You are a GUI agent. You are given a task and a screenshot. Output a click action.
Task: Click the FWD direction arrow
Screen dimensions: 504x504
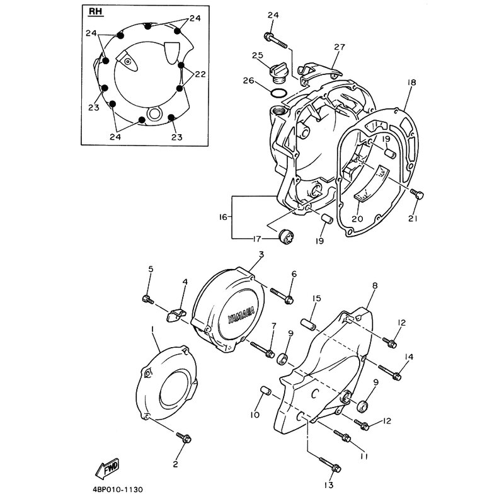click(107, 467)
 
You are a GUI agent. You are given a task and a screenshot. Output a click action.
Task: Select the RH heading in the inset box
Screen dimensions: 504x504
click(95, 11)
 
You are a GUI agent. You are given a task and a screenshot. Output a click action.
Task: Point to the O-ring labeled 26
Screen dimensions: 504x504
click(278, 93)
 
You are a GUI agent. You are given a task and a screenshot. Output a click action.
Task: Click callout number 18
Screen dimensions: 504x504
click(411, 83)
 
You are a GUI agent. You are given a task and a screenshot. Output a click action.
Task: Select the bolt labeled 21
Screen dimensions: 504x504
click(417, 194)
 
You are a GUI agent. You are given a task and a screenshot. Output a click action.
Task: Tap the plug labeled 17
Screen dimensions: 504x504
click(287, 237)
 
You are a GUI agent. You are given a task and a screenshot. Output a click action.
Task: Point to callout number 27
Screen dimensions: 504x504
click(339, 47)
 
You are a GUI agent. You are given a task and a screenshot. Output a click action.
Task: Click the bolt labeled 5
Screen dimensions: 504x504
click(147, 299)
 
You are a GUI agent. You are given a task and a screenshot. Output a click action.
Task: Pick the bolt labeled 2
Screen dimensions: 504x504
click(183, 437)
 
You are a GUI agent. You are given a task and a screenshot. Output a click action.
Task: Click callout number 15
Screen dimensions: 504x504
click(317, 299)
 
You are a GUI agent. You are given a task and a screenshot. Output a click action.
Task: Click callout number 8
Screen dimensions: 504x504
click(374, 286)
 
